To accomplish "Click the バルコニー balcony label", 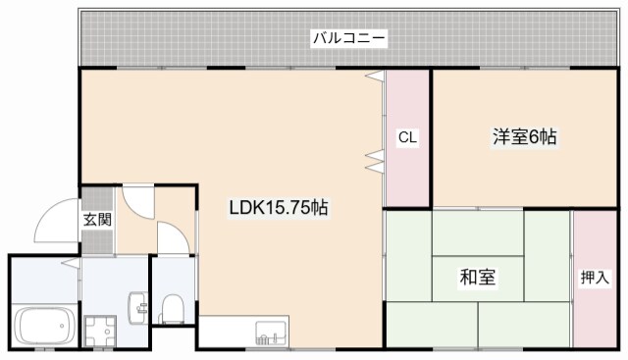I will [x=349, y=39].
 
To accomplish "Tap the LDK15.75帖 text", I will [x=279, y=208].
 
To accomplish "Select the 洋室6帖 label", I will [x=524, y=137].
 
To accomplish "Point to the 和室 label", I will [x=477, y=277].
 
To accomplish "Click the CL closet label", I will [x=407, y=138].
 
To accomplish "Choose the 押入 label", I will [x=594, y=278].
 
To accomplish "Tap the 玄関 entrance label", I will [x=96, y=219].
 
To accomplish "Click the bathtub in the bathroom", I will [x=43, y=323].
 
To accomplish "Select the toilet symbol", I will [x=173, y=309].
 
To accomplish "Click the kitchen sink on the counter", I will [x=267, y=336].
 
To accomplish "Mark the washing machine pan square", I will [x=99, y=330].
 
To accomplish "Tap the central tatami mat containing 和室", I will [x=477, y=278].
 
